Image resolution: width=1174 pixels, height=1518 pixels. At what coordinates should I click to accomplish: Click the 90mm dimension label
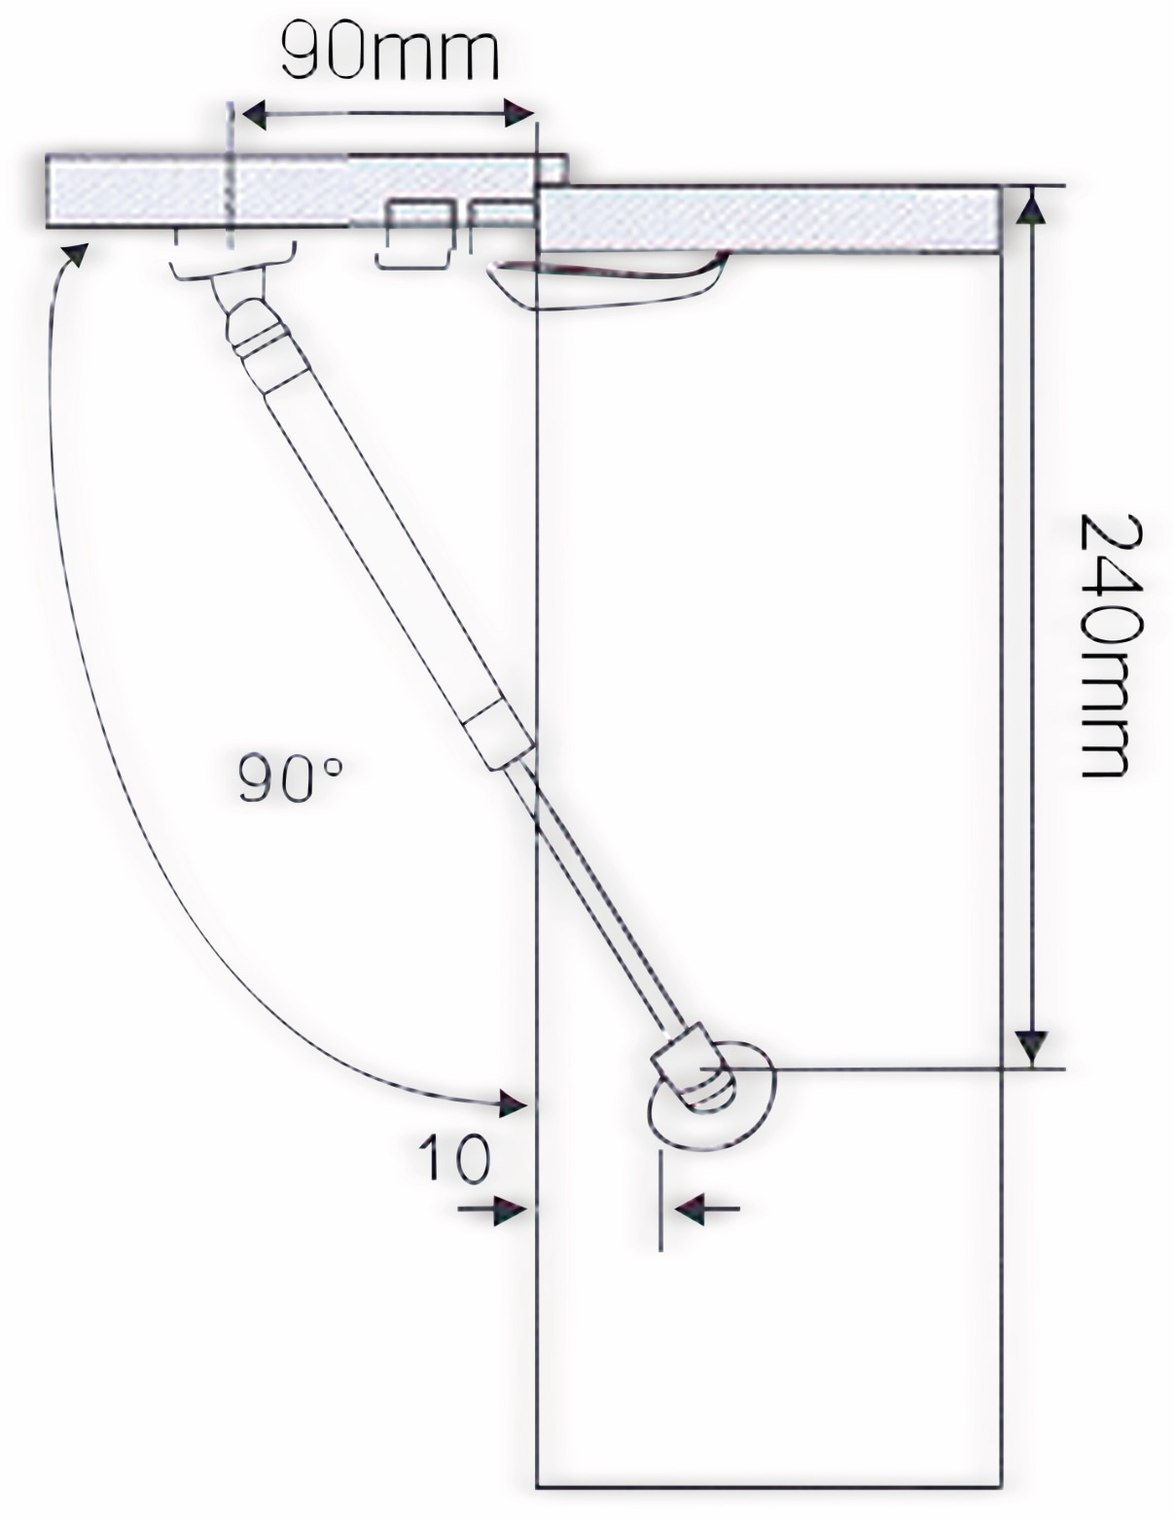click(x=389, y=54)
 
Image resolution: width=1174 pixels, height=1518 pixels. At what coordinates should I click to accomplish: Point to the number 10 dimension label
click(x=454, y=1158)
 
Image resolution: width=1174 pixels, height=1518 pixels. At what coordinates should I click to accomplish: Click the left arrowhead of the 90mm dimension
click(x=250, y=115)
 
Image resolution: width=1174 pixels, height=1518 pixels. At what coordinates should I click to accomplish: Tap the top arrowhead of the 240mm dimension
click(x=1032, y=206)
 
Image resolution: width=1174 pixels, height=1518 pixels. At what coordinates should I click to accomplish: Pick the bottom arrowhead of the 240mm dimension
click(x=1032, y=1049)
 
